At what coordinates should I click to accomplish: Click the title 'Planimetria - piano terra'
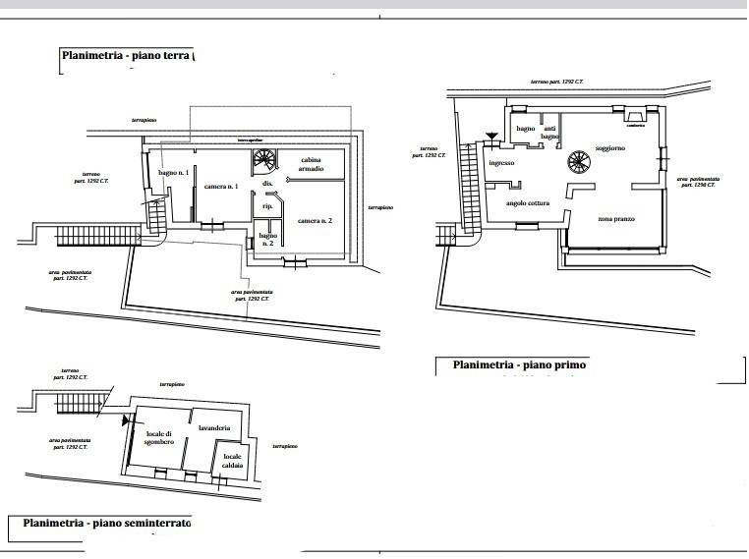(x=127, y=56)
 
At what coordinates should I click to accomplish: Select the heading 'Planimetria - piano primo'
(x=519, y=365)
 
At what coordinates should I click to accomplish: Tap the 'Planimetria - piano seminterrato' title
(x=107, y=524)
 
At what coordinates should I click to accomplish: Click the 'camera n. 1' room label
(x=221, y=187)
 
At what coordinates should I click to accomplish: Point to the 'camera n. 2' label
(x=316, y=222)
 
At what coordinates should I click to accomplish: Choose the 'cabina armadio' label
(x=316, y=164)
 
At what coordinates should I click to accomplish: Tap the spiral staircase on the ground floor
(x=265, y=161)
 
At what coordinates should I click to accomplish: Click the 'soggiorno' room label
(x=610, y=147)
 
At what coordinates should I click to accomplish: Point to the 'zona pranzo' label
(x=616, y=218)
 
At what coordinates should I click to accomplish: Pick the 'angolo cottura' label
(x=528, y=203)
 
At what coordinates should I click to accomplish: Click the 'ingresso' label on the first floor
(x=501, y=163)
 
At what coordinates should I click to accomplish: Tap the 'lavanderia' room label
(x=213, y=428)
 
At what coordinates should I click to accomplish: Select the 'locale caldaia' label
(x=233, y=461)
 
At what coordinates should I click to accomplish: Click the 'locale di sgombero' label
(x=159, y=438)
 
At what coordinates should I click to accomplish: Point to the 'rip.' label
(x=266, y=206)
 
